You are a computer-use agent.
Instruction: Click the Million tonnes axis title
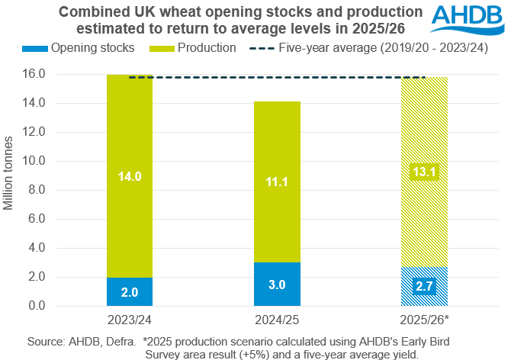pyautogui.click(x=9, y=174)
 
